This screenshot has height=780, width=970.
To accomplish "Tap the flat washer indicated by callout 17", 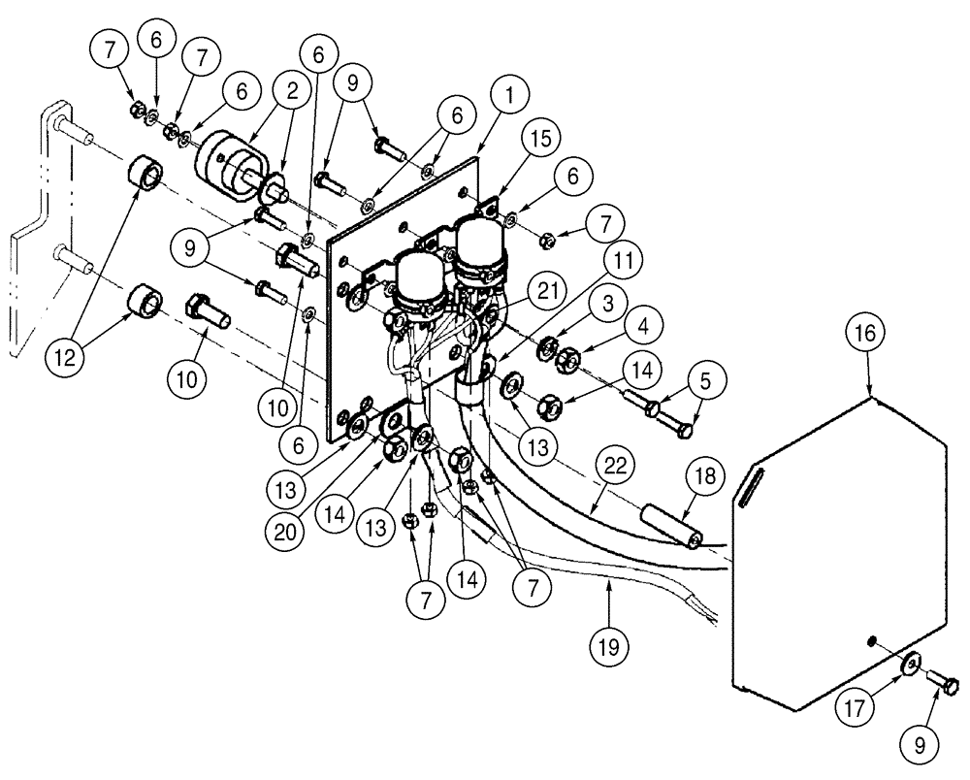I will click(911, 664).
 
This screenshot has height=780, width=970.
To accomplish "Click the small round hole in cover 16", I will click(874, 641).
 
